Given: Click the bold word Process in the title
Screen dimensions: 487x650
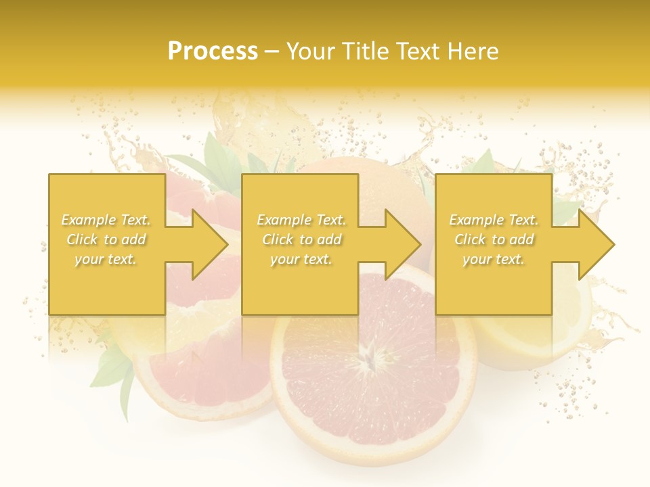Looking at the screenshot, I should (213, 51).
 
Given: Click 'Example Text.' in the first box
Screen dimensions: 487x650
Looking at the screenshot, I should (106, 220).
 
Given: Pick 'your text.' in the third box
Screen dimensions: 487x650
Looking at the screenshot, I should (494, 259).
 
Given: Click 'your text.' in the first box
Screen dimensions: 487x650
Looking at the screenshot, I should (106, 259).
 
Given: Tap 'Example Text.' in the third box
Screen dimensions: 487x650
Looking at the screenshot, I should (494, 220).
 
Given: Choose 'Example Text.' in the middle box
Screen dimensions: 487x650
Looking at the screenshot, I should (301, 220).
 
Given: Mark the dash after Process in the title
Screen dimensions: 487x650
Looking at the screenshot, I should (272, 52).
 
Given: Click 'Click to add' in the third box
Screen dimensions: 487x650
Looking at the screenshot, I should (494, 239).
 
